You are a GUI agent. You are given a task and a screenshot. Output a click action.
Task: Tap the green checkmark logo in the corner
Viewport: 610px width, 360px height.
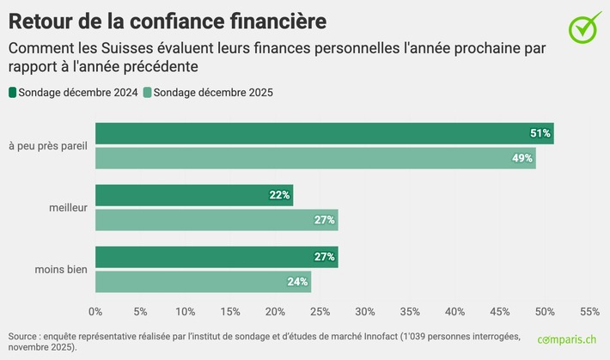click(x=585, y=27)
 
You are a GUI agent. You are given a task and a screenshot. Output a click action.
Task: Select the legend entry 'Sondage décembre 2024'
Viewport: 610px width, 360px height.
click(x=72, y=93)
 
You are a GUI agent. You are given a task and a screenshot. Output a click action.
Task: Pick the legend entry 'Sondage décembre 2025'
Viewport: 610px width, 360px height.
click(x=208, y=93)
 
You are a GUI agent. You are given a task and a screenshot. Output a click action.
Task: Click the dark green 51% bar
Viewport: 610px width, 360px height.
click(x=324, y=133)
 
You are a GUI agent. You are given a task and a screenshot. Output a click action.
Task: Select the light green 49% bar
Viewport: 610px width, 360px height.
click(x=315, y=158)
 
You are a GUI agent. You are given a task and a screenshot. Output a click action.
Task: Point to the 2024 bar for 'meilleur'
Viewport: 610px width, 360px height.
click(x=194, y=195)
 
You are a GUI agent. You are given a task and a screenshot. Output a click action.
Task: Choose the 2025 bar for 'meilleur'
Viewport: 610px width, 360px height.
click(x=217, y=220)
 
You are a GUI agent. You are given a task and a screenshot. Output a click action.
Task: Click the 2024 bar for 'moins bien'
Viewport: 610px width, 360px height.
click(x=217, y=256)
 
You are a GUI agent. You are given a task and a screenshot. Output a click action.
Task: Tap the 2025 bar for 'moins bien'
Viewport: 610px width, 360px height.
click(x=203, y=281)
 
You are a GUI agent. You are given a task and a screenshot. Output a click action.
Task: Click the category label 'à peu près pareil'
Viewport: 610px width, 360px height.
click(x=48, y=146)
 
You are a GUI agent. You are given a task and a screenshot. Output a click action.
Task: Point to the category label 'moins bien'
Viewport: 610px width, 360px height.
click(x=61, y=269)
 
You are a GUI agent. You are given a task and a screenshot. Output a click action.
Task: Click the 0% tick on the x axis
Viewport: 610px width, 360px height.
click(x=95, y=311)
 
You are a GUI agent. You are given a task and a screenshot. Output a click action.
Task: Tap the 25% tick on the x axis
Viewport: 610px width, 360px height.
click(x=320, y=311)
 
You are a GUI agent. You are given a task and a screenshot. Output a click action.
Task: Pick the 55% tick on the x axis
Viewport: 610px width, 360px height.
click(x=589, y=311)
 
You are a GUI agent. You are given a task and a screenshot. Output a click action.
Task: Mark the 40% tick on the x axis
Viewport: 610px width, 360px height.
click(x=454, y=311)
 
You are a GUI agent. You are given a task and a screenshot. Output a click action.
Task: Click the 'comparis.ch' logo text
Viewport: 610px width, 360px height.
click(x=566, y=340)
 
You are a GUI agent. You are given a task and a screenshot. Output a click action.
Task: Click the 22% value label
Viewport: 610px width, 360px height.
click(x=279, y=195)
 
